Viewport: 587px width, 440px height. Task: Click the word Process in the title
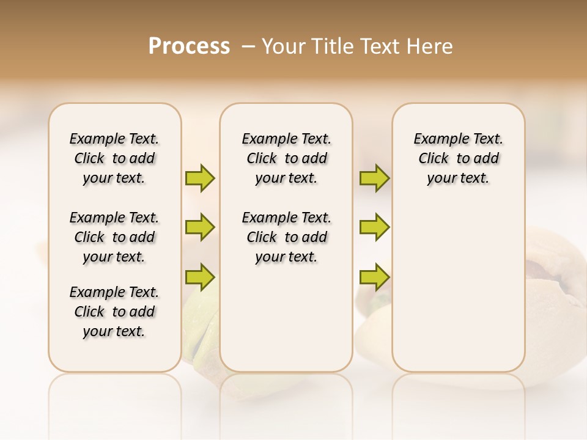[189, 46]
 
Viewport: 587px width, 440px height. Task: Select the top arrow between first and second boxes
[200, 178]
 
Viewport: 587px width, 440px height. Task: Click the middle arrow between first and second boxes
[200, 227]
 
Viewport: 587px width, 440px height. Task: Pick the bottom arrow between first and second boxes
[200, 276]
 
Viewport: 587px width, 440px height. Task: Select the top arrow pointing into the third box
[374, 178]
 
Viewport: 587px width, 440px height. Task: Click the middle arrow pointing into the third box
[374, 227]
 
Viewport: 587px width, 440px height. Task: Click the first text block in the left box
[114, 158]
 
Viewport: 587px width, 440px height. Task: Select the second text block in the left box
[114, 237]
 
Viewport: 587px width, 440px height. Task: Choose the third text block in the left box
[114, 312]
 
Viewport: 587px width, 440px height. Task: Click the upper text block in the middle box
[287, 158]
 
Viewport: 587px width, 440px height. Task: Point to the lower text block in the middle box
[287, 237]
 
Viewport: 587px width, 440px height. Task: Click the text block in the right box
[459, 158]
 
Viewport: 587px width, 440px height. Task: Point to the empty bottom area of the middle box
[286, 324]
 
